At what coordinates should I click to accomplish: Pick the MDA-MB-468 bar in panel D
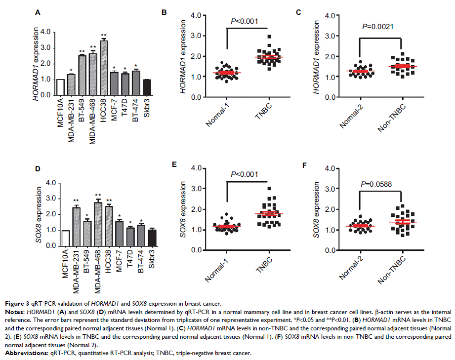98,224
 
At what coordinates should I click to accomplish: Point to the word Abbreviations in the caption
23,354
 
